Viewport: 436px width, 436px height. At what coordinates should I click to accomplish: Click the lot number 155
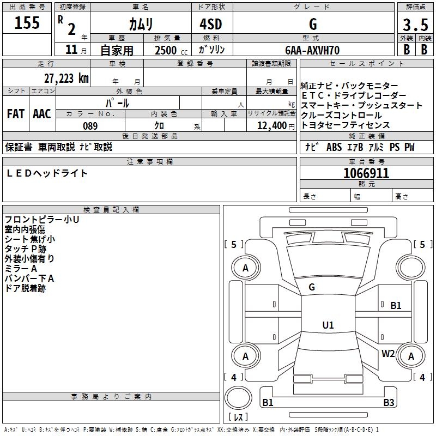27,23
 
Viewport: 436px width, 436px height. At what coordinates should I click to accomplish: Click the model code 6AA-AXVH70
313,50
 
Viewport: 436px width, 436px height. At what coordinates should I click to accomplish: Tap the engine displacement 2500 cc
169,50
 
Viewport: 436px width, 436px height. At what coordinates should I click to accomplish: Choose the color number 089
90,126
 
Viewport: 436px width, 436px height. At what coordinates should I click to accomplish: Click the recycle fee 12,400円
272,126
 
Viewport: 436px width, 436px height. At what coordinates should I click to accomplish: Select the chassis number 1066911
366,173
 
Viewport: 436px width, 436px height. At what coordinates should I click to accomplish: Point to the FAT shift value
16,114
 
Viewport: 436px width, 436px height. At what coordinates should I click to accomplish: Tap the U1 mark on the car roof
328,325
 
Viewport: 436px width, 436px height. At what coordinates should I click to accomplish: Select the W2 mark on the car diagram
388,353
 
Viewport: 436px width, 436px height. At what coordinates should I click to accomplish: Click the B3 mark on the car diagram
388,403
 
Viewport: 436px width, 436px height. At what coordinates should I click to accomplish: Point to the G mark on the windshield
312,287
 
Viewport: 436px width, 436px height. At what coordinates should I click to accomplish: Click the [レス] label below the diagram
238,417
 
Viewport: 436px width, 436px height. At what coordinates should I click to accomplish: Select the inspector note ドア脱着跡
25,288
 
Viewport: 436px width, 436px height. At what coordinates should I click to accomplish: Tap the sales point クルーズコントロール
342,116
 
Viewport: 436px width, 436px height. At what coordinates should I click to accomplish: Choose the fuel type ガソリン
212,50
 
